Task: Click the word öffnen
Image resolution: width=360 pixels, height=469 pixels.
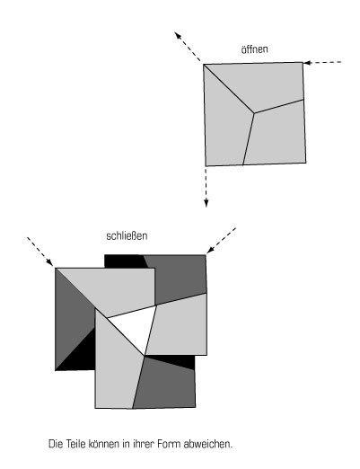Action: point(254,49)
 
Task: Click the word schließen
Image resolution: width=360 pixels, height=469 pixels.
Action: point(127,235)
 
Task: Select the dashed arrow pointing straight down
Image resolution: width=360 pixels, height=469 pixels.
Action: point(206,187)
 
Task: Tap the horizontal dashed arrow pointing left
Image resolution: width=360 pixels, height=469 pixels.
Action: point(322,63)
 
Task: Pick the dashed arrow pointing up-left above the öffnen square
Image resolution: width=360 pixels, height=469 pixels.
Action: point(188,46)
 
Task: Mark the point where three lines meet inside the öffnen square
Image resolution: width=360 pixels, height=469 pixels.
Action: point(254,113)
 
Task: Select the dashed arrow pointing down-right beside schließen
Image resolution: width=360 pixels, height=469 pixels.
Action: point(40,252)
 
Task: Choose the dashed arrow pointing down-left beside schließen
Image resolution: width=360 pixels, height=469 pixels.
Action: point(222,240)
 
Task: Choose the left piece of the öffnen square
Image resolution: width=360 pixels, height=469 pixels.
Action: point(226,126)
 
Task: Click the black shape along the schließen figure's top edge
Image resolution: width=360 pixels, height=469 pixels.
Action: point(125,261)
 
